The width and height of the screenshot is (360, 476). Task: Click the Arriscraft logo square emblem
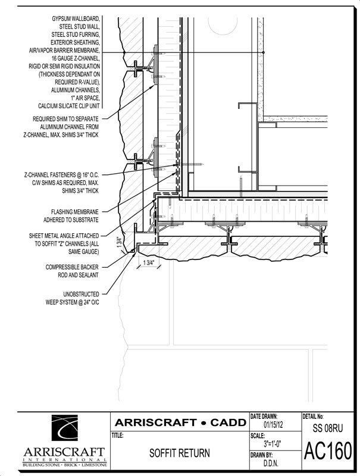[x=65, y=428]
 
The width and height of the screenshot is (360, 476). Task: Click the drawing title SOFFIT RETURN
[x=179, y=453]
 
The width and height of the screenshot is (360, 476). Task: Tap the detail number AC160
[x=328, y=450]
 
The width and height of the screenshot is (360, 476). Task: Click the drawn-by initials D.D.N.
[x=271, y=464]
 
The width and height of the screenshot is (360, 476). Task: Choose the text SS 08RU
[x=328, y=428]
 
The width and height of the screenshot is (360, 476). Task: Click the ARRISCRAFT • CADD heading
[x=180, y=422]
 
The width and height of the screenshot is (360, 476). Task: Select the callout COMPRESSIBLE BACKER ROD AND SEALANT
[x=72, y=271]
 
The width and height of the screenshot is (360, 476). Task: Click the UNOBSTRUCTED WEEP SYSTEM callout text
[x=72, y=298]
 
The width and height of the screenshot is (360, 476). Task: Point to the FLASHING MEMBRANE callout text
[x=71, y=216]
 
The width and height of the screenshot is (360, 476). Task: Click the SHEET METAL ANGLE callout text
[x=64, y=243]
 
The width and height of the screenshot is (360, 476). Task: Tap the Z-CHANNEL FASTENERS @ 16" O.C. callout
[x=62, y=183]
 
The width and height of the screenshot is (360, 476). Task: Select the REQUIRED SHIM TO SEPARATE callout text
[x=61, y=127]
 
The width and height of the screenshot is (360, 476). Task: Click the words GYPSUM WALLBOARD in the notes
[x=76, y=19]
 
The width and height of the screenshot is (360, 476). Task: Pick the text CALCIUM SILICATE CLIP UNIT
[x=68, y=106]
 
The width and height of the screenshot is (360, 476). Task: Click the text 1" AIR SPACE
[x=85, y=98]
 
